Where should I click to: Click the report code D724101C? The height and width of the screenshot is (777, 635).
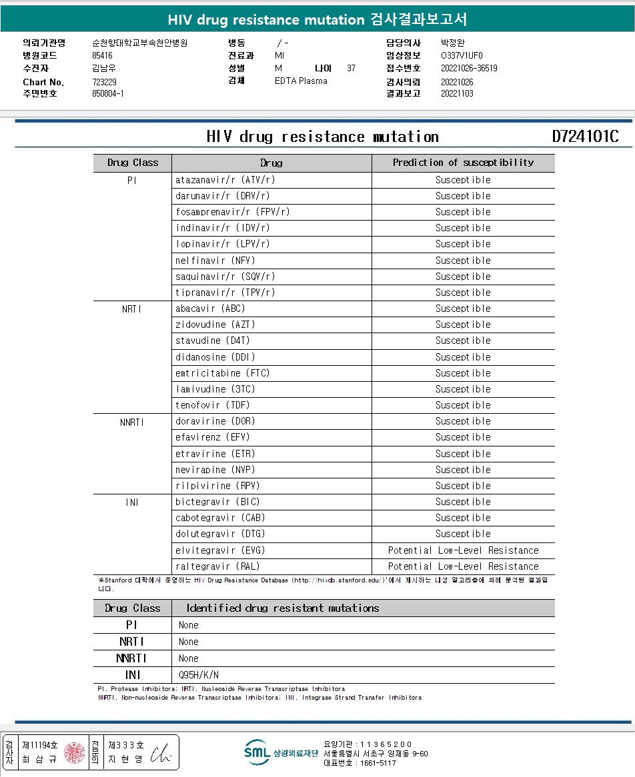(x=585, y=137)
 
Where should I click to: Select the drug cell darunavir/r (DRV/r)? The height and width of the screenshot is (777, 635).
(x=222, y=196)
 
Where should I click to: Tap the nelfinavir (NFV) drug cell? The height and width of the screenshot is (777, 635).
(x=215, y=261)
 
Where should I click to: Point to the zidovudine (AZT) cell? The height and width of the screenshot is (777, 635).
(x=215, y=325)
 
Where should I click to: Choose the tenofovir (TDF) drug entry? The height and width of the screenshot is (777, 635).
(x=212, y=405)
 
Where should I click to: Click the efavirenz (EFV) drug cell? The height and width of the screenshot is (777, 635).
(x=212, y=437)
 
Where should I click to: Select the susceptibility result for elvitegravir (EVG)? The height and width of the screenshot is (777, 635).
(x=463, y=550)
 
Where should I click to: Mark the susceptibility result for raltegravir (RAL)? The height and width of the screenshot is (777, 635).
(x=463, y=566)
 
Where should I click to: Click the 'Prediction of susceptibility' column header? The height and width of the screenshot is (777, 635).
(x=463, y=163)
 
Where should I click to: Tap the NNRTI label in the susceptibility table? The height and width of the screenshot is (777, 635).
(x=132, y=421)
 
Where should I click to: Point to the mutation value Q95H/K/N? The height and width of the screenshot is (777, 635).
(x=199, y=675)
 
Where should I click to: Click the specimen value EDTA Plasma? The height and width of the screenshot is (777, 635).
(x=301, y=81)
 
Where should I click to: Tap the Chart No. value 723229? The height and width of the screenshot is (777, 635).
(x=105, y=81)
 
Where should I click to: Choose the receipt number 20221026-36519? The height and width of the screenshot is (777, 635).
(x=469, y=68)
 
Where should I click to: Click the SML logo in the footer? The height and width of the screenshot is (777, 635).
(x=256, y=752)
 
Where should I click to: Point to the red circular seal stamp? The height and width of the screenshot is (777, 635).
(x=74, y=752)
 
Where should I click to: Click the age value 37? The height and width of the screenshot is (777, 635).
(x=352, y=68)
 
